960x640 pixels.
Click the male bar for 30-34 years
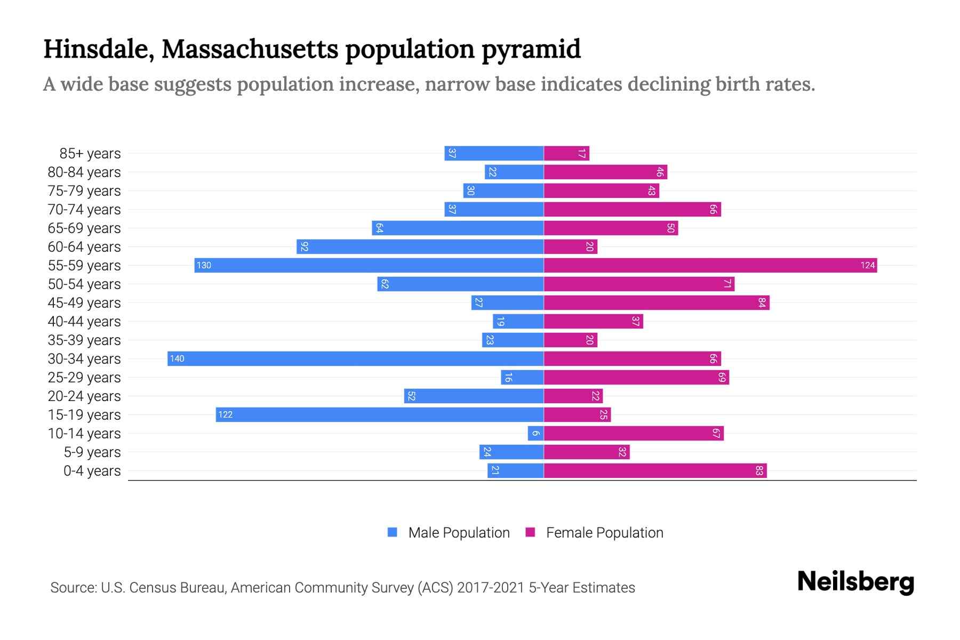(355, 358)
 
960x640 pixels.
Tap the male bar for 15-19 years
(380, 414)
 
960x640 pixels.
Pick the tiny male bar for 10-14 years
(535, 433)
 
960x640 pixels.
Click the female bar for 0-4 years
(655, 470)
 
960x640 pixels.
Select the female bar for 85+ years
(566, 154)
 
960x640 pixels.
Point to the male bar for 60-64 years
(420, 246)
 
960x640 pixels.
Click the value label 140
(177, 359)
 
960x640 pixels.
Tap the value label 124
(867, 266)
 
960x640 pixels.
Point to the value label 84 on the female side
(762, 303)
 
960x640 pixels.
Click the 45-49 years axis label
(84, 303)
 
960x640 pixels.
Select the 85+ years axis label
(90, 154)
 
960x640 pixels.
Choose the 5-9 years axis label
(92, 452)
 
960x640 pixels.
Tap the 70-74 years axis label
(84, 210)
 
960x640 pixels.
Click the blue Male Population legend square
(393, 532)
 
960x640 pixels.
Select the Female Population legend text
(604, 533)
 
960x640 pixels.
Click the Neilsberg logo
(855, 582)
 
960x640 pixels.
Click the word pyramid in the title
(531, 50)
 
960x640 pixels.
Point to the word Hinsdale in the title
(99, 50)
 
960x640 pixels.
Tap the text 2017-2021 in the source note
(491, 588)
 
